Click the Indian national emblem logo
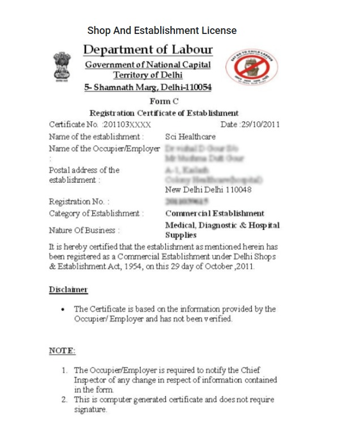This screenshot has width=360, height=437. click(x=61, y=68)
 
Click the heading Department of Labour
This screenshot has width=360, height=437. click(x=148, y=49)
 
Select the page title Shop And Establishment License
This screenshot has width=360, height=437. click(x=162, y=31)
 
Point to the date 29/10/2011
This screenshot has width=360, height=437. click(x=260, y=125)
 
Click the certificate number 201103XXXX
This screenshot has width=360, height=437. click(x=127, y=125)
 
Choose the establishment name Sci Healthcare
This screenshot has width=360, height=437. click(x=190, y=136)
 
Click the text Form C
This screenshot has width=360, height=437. click(x=164, y=101)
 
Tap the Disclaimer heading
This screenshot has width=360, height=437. click(x=68, y=289)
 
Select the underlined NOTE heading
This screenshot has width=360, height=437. click(x=62, y=351)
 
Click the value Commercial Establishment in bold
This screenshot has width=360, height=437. click(x=215, y=213)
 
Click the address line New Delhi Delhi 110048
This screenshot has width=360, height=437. click(x=208, y=190)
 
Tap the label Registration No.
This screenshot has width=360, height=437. click(x=80, y=202)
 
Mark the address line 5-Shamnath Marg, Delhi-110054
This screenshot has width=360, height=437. click(x=148, y=88)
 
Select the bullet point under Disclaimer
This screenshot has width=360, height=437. click(x=63, y=310)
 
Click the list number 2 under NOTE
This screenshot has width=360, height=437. click(x=65, y=400)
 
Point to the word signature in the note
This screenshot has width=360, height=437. click(x=91, y=409)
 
